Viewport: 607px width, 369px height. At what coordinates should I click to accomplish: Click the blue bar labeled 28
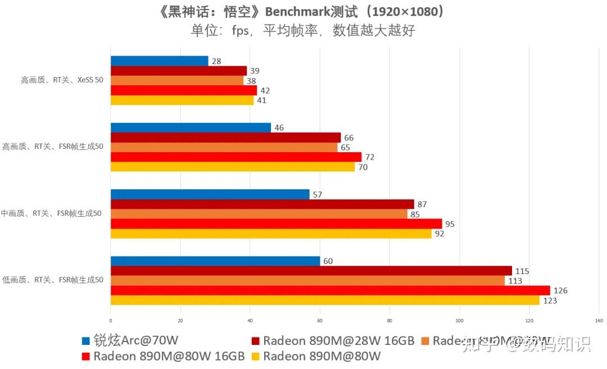tap(159, 61)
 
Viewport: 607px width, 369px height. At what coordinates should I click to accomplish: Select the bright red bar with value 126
tap(330, 290)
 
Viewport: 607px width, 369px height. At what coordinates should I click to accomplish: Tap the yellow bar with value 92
tap(271, 234)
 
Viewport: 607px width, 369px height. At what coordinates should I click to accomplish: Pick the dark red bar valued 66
tap(225, 138)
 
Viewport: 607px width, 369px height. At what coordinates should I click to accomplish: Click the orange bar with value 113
tap(307, 280)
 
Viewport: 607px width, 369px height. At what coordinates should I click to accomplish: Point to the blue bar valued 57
tap(210, 194)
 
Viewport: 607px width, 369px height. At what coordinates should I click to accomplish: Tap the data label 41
tap(261, 101)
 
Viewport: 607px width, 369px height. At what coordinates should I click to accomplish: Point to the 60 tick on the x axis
tap(320, 321)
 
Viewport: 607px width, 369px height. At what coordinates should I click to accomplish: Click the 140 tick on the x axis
tap(599, 321)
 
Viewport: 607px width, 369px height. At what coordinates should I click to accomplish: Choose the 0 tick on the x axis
tap(111, 321)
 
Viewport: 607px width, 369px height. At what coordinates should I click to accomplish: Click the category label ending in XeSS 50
tap(62, 80)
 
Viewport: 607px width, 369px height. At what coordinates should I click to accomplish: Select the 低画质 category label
tap(52, 280)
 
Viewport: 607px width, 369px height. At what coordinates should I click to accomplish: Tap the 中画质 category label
tap(51, 213)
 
